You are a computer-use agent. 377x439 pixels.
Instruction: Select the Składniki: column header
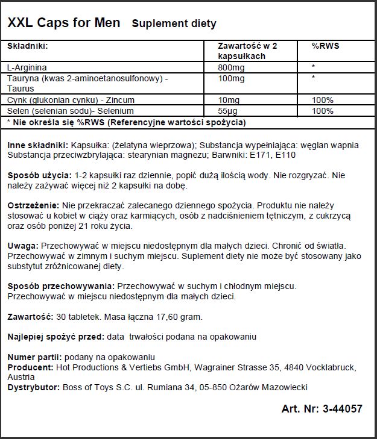pos(27,46)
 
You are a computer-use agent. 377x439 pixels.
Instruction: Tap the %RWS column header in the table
pos(325,46)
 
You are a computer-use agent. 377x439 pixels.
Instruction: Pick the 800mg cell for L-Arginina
pos(231,67)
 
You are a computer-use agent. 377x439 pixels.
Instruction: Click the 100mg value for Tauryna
pos(231,78)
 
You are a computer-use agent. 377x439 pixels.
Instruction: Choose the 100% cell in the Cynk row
pos(323,99)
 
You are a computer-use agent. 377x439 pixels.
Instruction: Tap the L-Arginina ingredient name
pos(27,67)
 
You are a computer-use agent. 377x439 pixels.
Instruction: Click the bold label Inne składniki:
pos(38,145)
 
